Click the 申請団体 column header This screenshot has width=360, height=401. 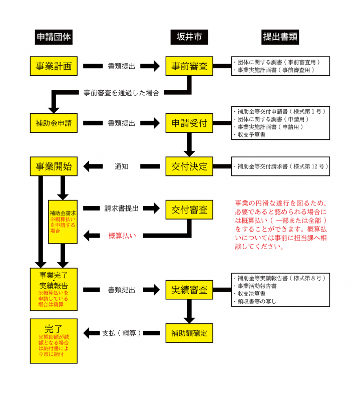(x=54, y=38)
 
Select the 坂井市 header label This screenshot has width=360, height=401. (x=189, y=38)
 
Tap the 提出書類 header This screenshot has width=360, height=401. (x=280, y=38)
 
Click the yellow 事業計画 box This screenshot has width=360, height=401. (x=54, y=66)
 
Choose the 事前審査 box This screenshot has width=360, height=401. (x=189, y=66)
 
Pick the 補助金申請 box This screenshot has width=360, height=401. (x=54, y=123)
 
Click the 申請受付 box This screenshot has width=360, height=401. (x=189, y=123)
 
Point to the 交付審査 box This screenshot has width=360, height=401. (x=189, y=209)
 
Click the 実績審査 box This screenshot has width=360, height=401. (x=189, y=290)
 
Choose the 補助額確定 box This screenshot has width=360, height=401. (x=189, y=332)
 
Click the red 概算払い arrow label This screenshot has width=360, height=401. (x=123, y=235)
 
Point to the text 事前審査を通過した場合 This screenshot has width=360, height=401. (x=122, y=93)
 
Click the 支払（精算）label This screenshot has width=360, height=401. (x=122, y=332)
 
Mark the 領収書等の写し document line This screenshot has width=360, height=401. (x=255, y=302)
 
